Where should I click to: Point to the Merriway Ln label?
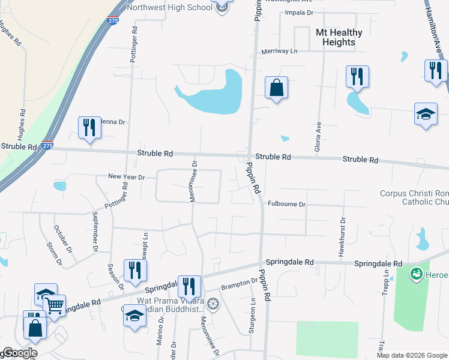[279, 52]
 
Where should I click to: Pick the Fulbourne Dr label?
[287, 205]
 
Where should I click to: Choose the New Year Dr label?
[127, 177]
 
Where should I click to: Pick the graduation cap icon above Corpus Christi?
[426, 114]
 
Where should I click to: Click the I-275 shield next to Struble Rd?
[47, 145]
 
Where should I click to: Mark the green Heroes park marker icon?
[415, 274]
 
